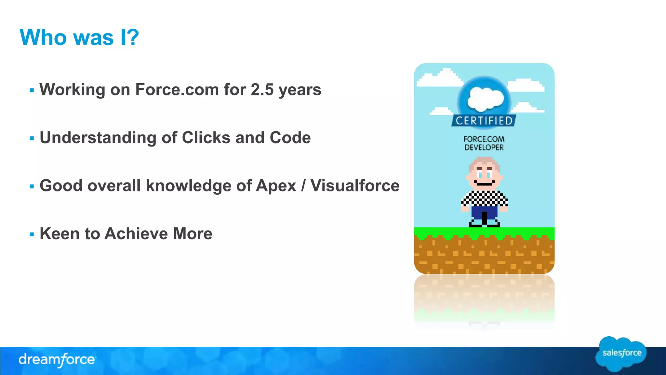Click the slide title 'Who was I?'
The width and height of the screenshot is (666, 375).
tap(79, 37)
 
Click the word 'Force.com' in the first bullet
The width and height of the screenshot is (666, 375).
tap(177, 90)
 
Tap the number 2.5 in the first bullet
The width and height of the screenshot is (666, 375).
tap(262, 90)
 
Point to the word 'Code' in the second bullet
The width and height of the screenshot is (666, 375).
tap(290, 138)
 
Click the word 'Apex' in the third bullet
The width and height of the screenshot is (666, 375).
tap(276, 186)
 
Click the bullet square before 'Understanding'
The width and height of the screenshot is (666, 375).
tap(32, 138)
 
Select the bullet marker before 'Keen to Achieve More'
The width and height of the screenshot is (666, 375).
tap(32, 234)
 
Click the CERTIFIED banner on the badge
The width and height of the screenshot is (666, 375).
tap(484, 121)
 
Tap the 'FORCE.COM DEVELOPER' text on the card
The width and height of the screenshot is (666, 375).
tap(484, 143)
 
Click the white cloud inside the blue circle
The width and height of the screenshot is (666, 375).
tap(485, 99)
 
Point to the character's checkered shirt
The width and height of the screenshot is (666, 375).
tap(485, 198)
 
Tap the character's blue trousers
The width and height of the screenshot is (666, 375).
tap(484, 213)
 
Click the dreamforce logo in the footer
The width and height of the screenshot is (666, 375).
tap(57, 360)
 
